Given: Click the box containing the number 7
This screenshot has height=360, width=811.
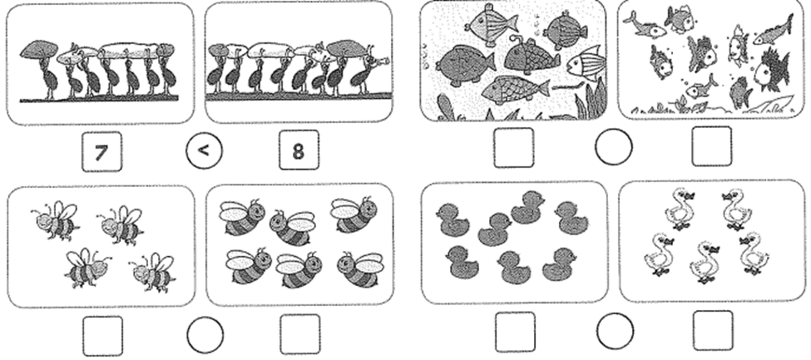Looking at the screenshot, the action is pos(101,151).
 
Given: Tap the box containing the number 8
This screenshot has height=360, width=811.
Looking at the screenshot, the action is pos(299,150).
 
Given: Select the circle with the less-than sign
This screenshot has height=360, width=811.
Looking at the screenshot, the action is pos(204,151).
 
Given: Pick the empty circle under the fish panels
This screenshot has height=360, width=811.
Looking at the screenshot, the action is pos(613,147).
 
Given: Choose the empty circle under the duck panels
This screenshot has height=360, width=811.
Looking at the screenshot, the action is pos(615,331).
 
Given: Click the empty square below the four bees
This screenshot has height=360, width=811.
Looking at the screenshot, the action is pos(103,336).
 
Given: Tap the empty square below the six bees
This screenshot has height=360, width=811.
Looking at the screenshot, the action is pos(300,334).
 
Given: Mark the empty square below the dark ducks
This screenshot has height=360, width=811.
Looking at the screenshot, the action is pos(515,332).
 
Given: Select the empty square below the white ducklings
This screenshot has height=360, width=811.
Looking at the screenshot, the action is pos(713,331).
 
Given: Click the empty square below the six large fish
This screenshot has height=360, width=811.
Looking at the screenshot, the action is pos(513,148).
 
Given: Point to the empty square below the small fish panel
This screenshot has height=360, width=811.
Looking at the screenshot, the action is pos(712,146).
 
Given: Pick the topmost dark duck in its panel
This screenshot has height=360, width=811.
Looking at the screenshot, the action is pos(527,207).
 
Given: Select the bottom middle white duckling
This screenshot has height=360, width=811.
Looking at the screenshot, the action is pos(705,262).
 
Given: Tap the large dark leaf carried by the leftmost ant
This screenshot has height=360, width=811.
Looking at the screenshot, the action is pos(39,49).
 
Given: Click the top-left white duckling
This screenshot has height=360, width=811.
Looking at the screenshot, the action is pos(680,210).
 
